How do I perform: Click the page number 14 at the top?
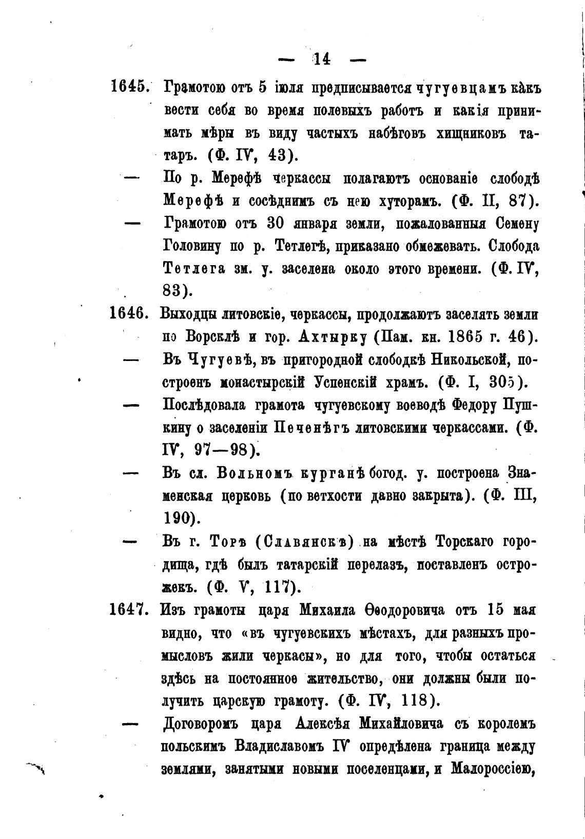(x=322, y=59)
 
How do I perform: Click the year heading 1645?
(x=129, y=86)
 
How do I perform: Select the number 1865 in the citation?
(x=469, y=336)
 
